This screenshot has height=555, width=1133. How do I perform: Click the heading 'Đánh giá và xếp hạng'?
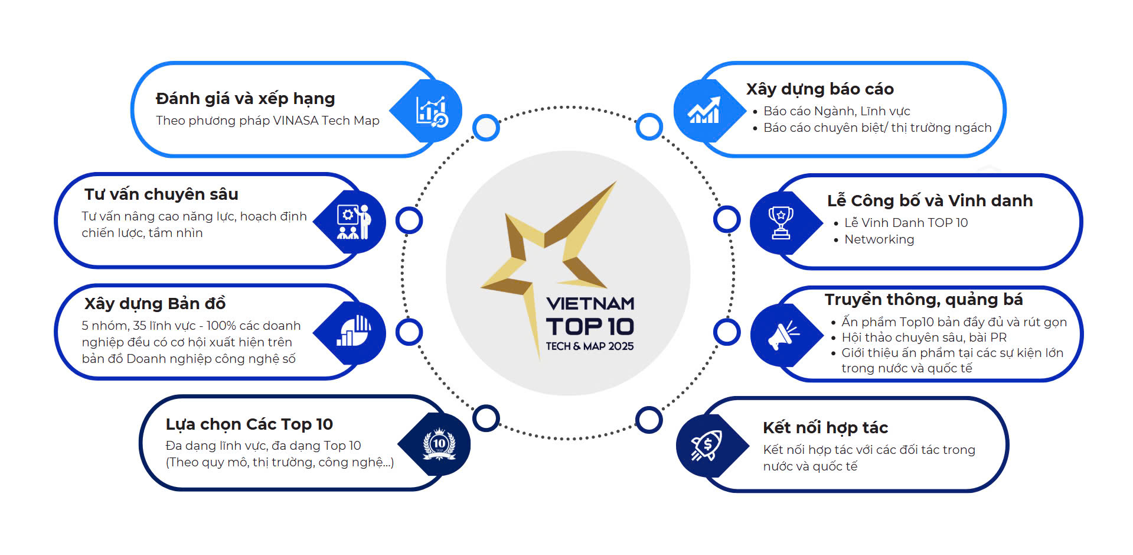pos(245,98)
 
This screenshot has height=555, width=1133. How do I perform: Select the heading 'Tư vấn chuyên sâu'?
pos(161,194)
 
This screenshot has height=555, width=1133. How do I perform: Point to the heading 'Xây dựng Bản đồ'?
pos(155,303)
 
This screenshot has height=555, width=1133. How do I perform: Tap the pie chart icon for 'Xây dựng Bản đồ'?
pos(354,331)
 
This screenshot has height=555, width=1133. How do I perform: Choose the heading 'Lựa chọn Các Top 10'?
pos(249,424)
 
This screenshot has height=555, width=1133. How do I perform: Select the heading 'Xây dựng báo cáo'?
pos(819,89)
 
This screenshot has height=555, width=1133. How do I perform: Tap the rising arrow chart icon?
pos(704,111)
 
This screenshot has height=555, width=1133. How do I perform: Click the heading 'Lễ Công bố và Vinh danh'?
pos(929,200)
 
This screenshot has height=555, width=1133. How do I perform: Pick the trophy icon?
pos(781,222)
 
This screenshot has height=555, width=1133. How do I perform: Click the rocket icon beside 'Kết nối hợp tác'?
pos(707,445)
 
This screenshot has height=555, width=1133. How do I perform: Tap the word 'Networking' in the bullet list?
pos(879,239)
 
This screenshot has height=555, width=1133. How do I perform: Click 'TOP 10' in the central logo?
pos(589,326)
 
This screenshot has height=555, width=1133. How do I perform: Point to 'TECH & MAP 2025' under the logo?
pos(589,346)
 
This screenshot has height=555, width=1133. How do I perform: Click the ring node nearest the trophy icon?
pos(726,219)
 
